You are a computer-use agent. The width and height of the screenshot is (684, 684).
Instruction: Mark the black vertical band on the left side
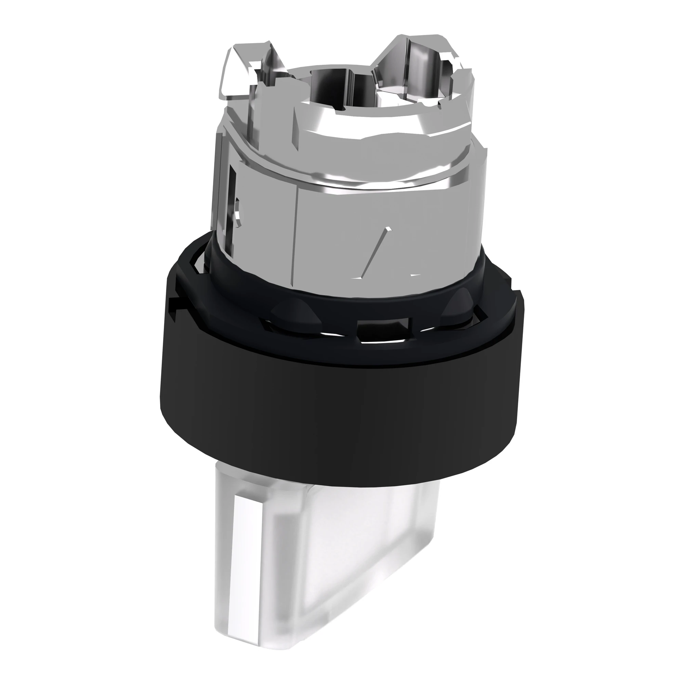pos(68,342)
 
